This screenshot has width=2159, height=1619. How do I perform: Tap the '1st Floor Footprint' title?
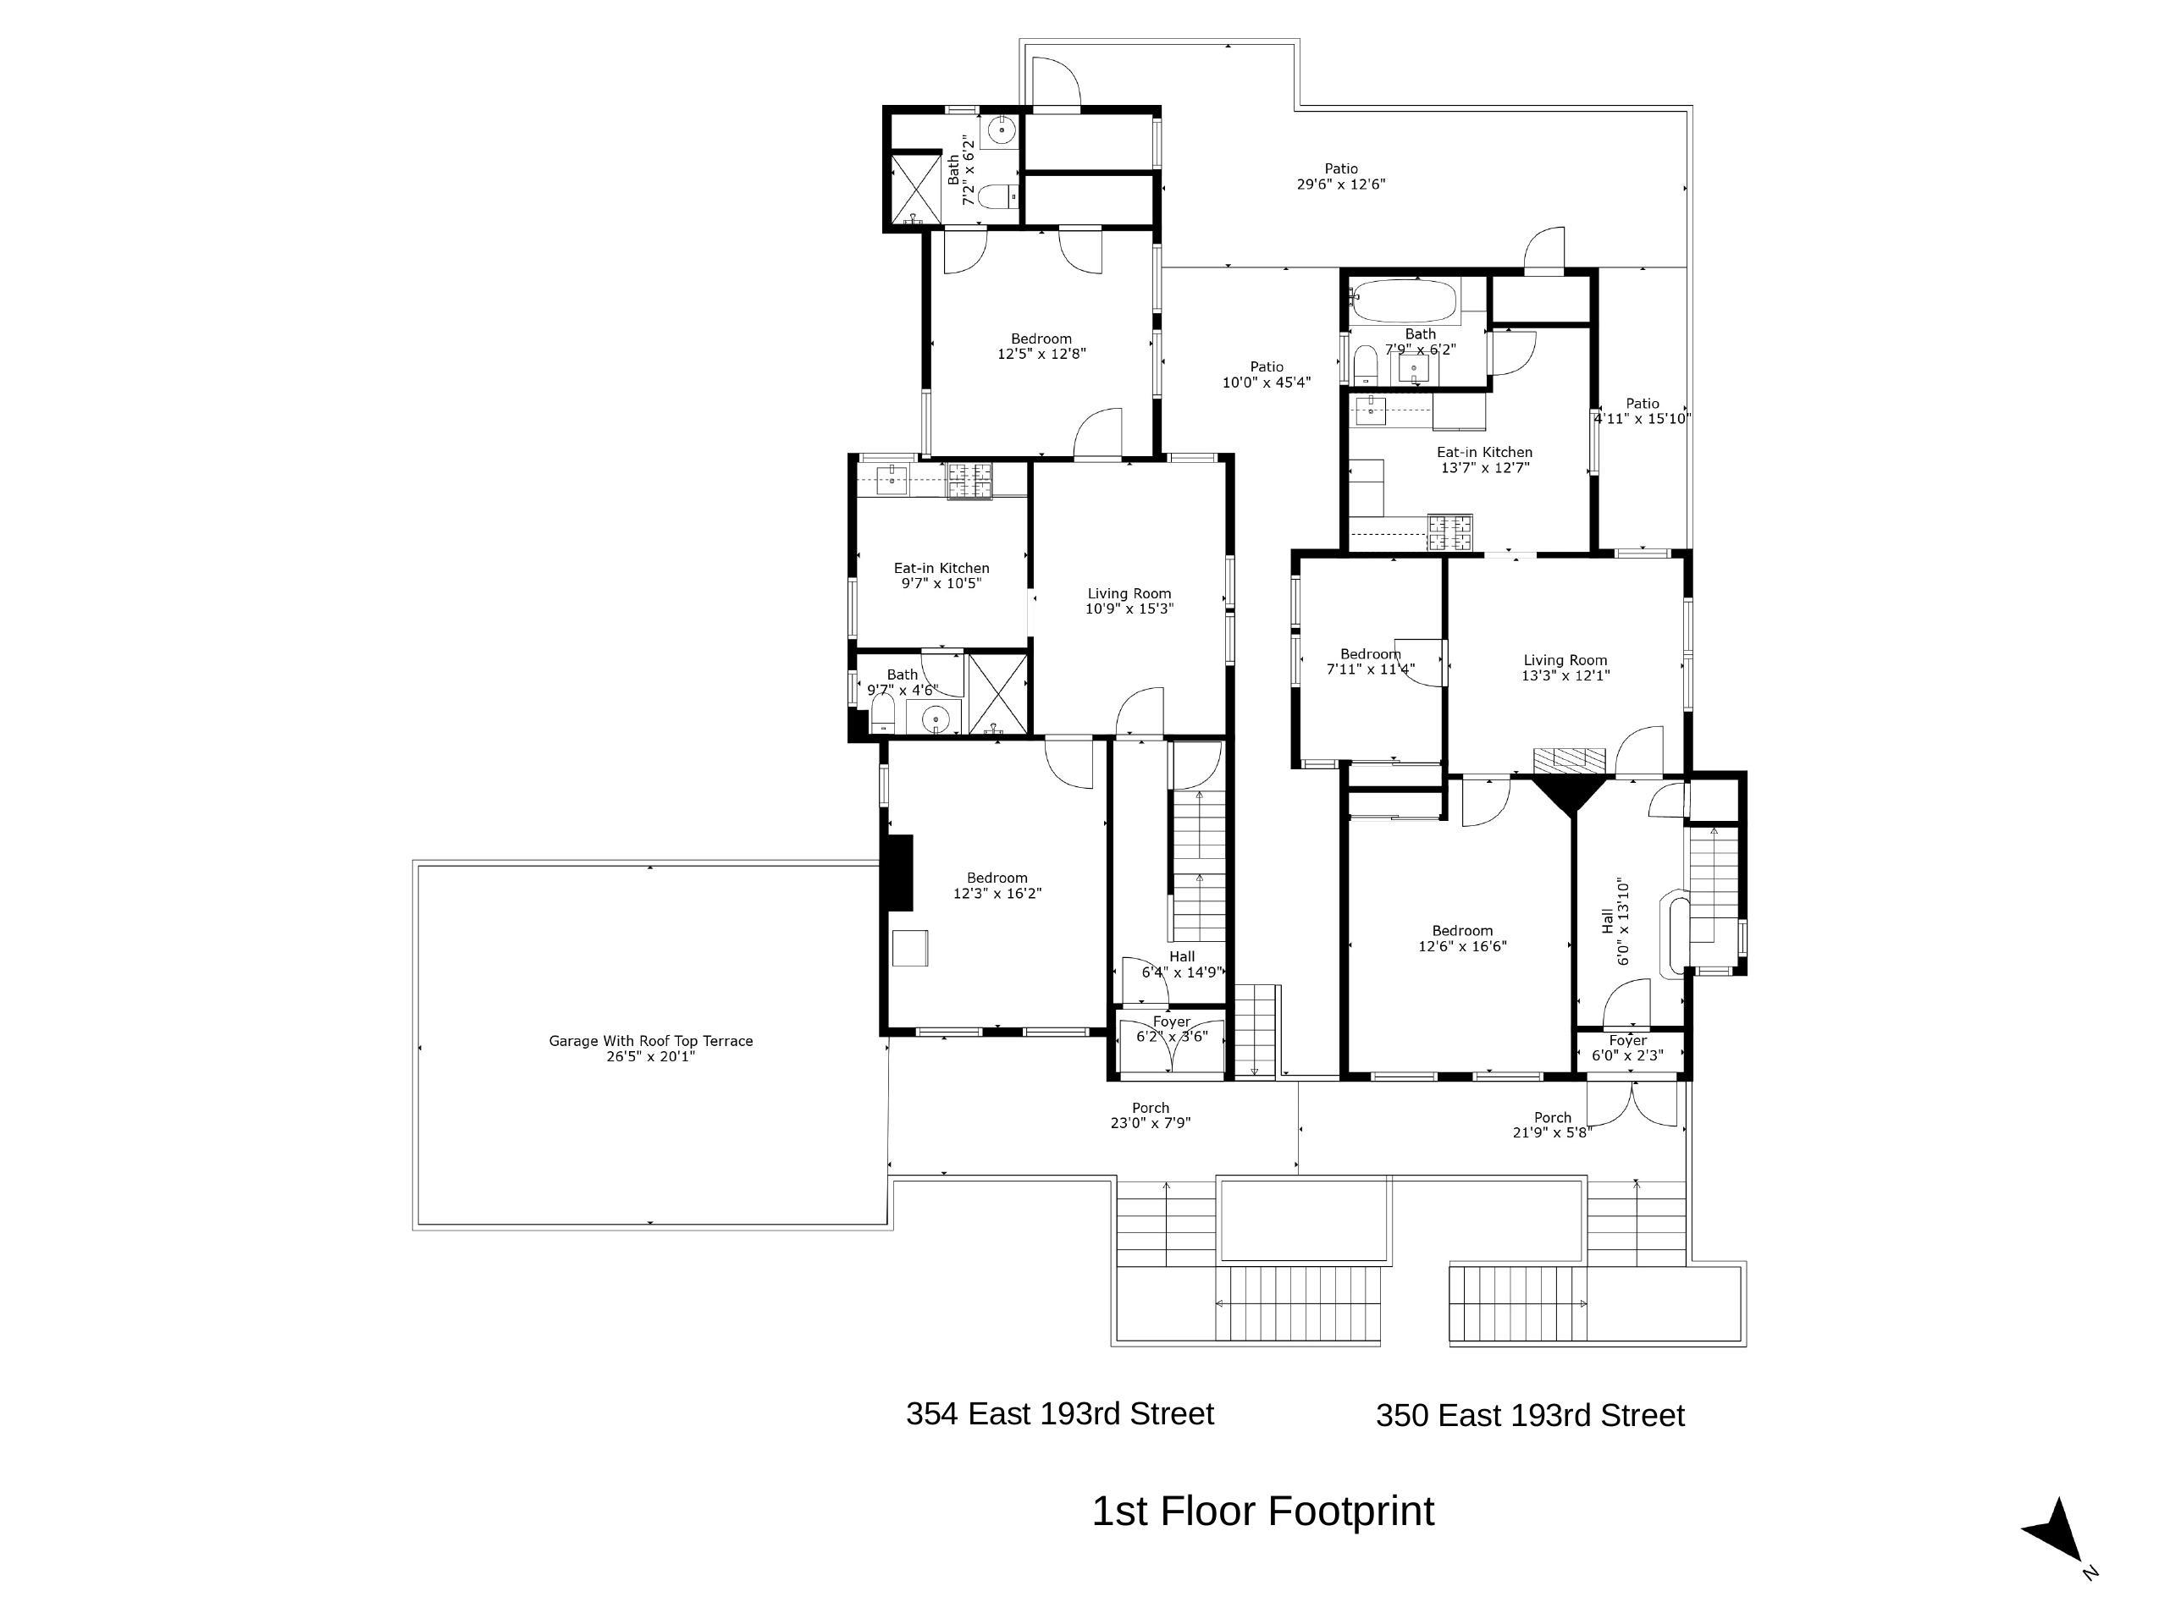click(1263, 1512)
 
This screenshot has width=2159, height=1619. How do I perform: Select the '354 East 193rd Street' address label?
click(1060, 1413)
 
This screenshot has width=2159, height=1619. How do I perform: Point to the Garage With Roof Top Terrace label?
click(651, 1048)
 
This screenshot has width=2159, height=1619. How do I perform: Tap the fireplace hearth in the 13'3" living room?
click(1570, 761)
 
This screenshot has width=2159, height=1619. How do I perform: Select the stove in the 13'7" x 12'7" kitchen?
click(1450, 531)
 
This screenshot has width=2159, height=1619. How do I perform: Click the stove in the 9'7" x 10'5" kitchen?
click(969, 480)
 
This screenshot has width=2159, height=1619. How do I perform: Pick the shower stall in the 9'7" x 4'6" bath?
click(997, 694)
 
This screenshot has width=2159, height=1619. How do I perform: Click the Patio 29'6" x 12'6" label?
click(1341, 177)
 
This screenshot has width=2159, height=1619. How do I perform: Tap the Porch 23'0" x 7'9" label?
click(1151, 1115)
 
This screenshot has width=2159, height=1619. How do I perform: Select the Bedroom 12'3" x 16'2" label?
click(997, 885)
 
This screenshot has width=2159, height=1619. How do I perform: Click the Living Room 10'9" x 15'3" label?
click(1129, 601)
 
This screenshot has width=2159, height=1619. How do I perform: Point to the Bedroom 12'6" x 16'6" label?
click(1463, 938)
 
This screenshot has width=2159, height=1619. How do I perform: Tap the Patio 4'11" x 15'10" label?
click(1643, 410)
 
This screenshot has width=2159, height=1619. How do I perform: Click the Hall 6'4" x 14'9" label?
click(1182, 964)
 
